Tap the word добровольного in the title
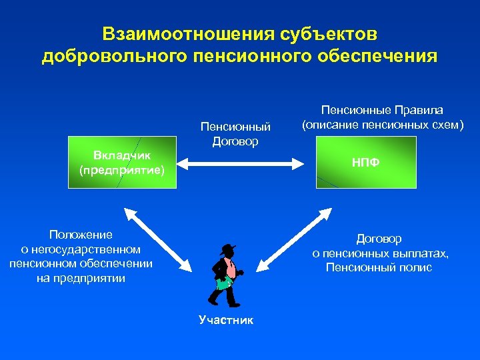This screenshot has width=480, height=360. point(114,56)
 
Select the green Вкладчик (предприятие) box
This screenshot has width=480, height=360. point(121,162)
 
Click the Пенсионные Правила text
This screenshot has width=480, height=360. point(382,110)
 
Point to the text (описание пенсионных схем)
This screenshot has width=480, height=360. point(382,124)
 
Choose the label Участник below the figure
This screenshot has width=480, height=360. point(226,320)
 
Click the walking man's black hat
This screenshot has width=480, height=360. point(229,248)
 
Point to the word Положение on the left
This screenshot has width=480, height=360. point(81,235)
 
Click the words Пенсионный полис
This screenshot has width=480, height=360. point(379,268)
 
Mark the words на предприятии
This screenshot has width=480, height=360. point(81,279)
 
